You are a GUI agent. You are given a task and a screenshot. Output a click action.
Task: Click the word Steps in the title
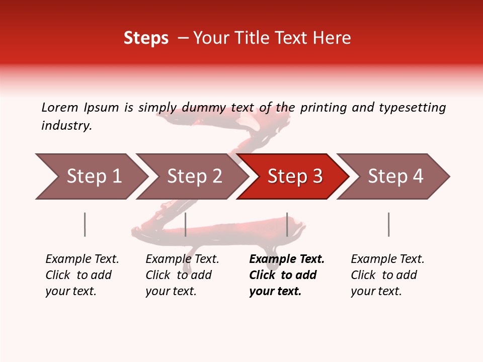[146, 38]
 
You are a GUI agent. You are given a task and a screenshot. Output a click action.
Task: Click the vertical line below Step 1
[85, 224]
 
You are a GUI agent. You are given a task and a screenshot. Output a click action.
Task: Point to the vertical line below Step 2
[186, 224]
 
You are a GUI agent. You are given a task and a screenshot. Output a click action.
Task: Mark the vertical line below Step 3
[287, 224]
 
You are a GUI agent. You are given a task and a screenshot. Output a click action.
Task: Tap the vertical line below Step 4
[388, 224]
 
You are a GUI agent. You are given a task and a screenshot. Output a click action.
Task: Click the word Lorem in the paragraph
[60, 108]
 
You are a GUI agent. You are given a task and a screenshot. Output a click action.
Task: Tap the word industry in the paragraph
[66, 126]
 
